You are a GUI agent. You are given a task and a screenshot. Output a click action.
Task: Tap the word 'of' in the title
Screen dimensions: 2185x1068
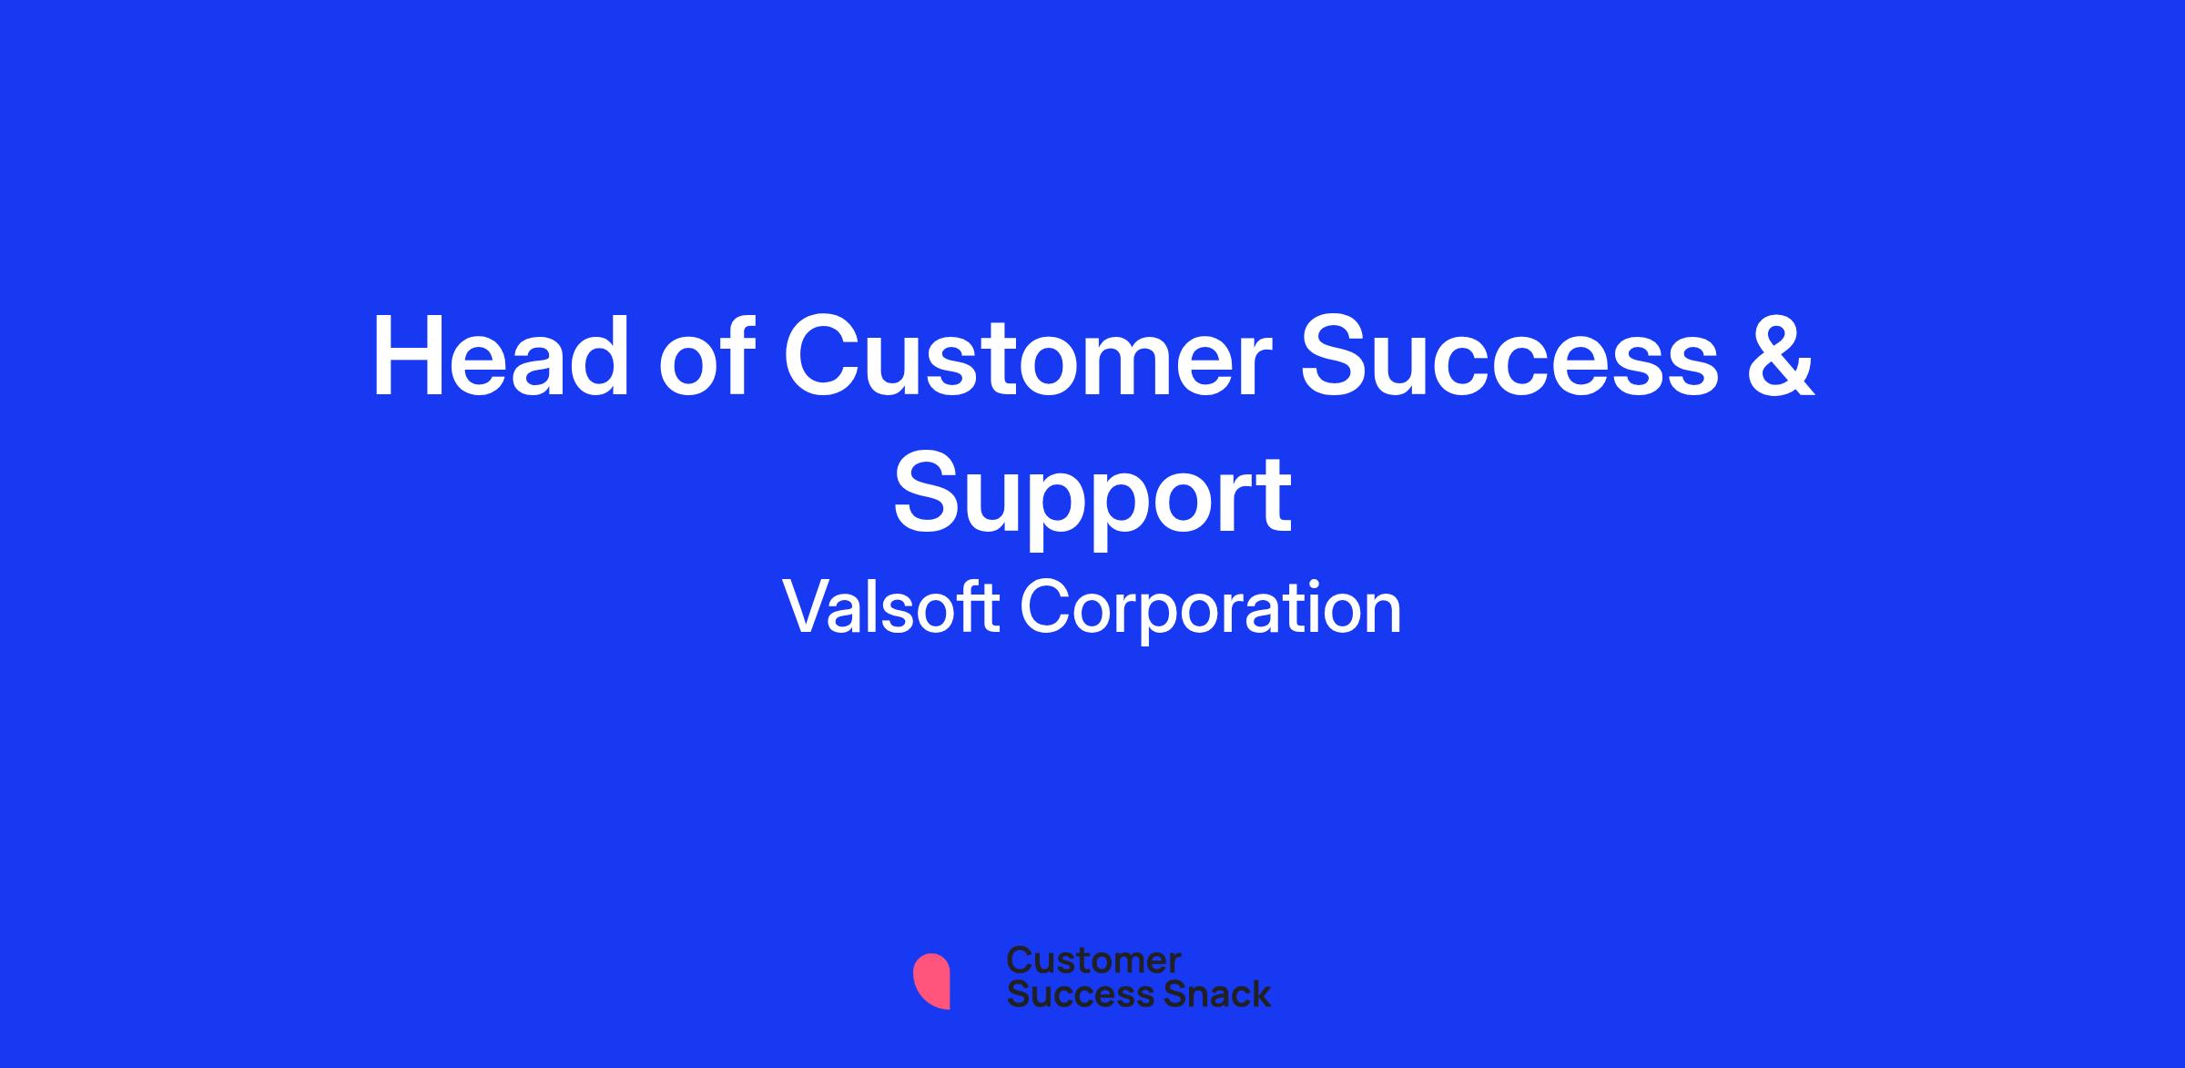(x=706, y=356)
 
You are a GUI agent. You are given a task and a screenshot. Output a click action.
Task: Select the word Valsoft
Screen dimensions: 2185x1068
(x=892, y=608)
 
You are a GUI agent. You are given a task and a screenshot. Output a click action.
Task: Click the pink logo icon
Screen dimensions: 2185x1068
(x=931, y=981)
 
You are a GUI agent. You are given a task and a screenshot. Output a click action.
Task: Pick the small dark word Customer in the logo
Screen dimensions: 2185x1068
(x=1094, y=961)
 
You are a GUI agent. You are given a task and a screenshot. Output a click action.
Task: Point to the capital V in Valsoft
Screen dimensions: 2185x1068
(x=809, y=606)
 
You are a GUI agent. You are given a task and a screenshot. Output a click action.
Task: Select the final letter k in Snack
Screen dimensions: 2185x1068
(x=1261, y=993)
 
